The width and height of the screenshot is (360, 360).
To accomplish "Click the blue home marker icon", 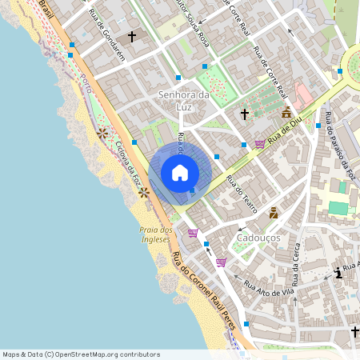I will pyautogui.click(x=180, y=173).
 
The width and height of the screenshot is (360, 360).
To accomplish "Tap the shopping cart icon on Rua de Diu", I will pyautogui.click(x=260, y=144).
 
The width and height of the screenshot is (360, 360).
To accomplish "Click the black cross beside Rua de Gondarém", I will pyautogui.click(x=132, y=37).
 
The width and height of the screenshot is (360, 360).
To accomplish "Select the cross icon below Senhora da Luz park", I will pyautogui.click(x=245, y=114).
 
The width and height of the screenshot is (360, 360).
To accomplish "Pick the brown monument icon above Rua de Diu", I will pyautogui.click(x=286, y=114).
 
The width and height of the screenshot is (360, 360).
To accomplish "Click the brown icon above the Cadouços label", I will pyautogui.click(x=274, y=213).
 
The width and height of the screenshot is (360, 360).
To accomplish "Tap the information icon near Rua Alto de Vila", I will pyautogui.click(x=339, y=274).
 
